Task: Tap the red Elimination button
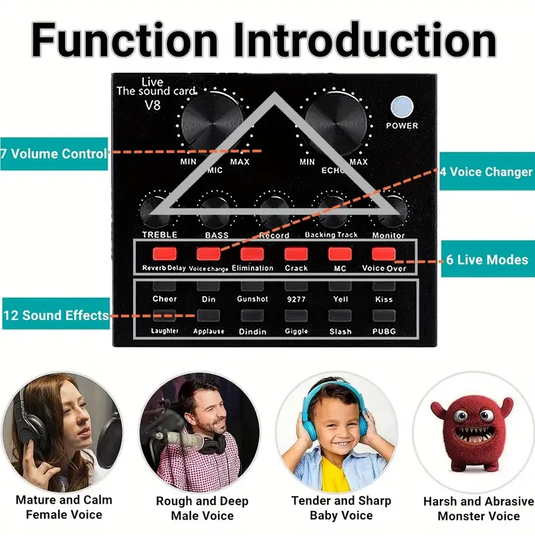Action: [x=252, y=253]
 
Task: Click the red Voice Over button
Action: [x=384, y=253]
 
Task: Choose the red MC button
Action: [x=340, y=253]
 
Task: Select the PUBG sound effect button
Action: [x=384, y=316]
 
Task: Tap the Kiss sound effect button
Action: [x=384, y=286]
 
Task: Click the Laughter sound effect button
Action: [x=165, y=316]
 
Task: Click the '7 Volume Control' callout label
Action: [x=54, y=154]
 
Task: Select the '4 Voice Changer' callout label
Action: [x=486, y=172]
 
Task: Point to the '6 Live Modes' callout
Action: [x=488, y=259]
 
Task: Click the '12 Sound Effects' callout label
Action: [x=55, y=315]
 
